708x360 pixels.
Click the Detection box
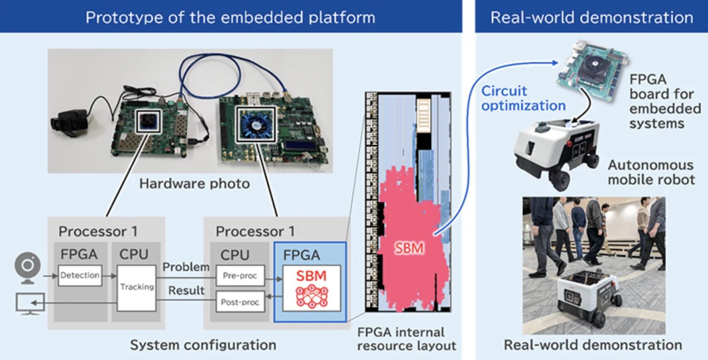click(80, 275)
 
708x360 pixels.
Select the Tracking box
click(136, 287)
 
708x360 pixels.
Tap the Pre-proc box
click(240, 276)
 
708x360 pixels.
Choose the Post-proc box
click(240, 302)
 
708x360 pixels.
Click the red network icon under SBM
click(312, 297)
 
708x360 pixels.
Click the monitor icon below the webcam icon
click(30, 304)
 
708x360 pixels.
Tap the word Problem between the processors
click(186, 267)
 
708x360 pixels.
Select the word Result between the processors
click(186, 291)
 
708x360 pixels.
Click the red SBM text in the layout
click(409, 248)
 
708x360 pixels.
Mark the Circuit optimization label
click(523, 98)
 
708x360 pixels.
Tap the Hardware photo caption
click(194, 184)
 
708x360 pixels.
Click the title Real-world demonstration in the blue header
click(591, 17)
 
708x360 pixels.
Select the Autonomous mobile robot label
click(651, 172)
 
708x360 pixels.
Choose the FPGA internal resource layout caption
click(406, 339)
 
